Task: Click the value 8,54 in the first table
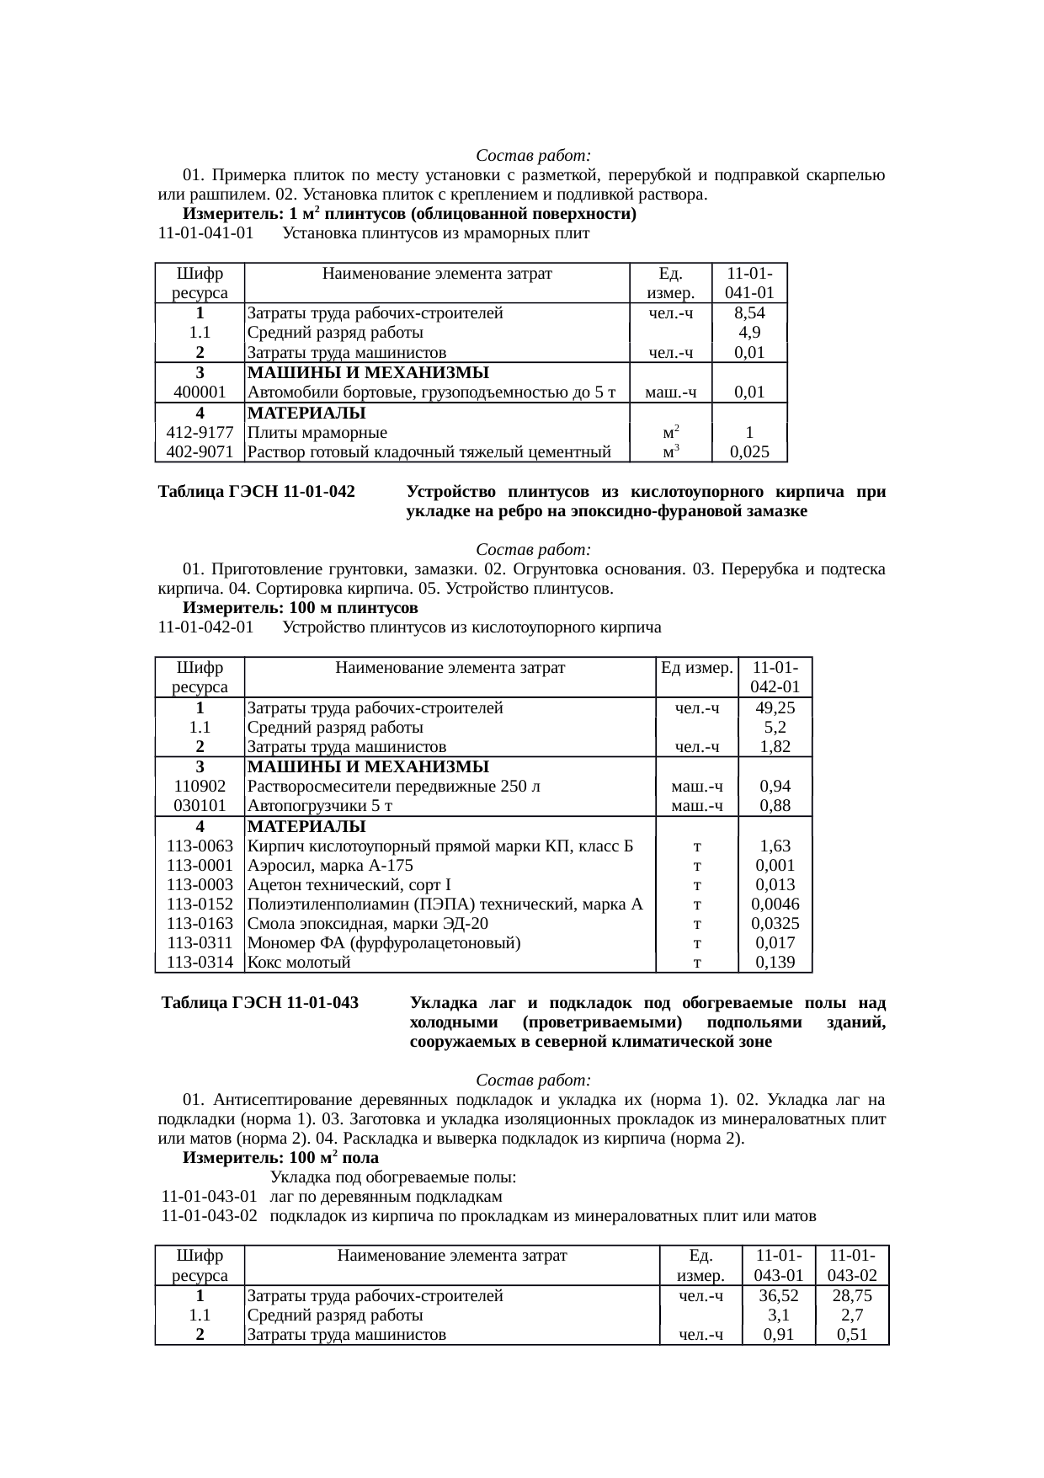[x=748, y=313]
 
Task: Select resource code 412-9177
[x=200, y=433]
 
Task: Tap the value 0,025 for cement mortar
[x=748, y=452]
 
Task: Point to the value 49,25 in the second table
[x=775, y=708]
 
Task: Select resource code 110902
[x=200, y=787]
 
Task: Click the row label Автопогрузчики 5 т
[x=321, y=806]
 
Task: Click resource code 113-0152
[x=200, y=904]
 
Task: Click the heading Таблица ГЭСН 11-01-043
[x=260, y=1004]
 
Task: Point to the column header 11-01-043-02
[x=852, y=1266]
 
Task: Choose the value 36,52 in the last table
[x=778, y=1296]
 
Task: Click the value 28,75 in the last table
[x=852, y=1296]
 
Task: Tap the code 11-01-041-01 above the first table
[x=206, y=233]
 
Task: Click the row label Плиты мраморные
[x=317, y=433]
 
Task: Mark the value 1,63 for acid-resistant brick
[x=775, y=846]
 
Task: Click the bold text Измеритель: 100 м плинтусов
[x=301, y=608]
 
